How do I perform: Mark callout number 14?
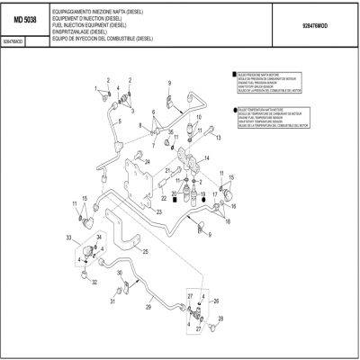click(207, 157)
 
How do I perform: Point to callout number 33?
click(68, 237)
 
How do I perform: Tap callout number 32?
click(94, 283)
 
